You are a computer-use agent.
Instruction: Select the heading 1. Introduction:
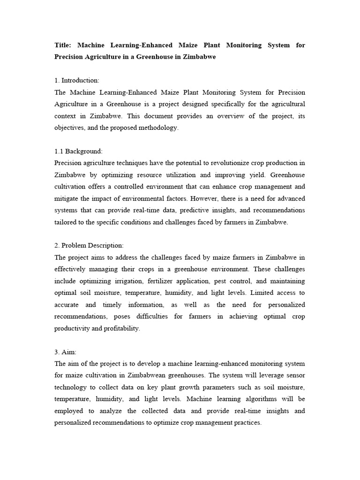[77, 81]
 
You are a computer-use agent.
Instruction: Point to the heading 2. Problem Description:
[89, 246]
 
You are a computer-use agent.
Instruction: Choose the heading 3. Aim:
[67, 352]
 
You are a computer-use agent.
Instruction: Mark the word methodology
[156, 128]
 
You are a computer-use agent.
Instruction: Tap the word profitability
[119, 329]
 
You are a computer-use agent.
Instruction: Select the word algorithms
[256, 399]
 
